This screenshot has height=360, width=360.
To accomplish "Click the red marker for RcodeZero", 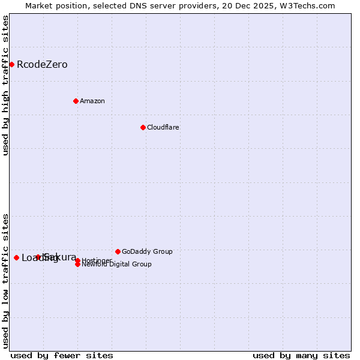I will pos(11,64).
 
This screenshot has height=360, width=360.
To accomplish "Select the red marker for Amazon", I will pos(76,101).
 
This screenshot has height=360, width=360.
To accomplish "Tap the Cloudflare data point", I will pos(143,127).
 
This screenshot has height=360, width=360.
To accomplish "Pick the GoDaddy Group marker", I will pos(118,251).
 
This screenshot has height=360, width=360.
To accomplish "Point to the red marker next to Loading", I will pos(16,257).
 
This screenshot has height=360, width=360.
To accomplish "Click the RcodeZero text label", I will pos(42,65).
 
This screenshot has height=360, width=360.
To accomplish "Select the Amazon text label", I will pos(92,101).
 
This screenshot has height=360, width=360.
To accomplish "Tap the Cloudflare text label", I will pos(163,127).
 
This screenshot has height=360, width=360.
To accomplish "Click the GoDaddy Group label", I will pos(147,251).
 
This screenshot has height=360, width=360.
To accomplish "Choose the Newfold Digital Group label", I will pos(116,265).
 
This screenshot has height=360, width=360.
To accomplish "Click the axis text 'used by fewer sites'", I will pos(62,355).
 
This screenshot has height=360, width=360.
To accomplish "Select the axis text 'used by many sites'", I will pos(301,355).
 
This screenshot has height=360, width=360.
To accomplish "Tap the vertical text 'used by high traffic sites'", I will pos(6,85).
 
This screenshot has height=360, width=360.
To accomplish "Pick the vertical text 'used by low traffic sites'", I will pos(6,281).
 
